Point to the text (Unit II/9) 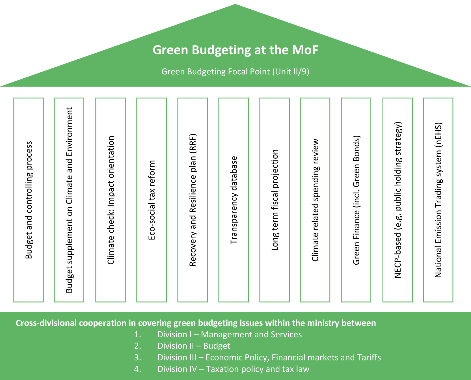291,72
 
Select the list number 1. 137,334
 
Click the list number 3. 137,357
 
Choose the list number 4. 137,369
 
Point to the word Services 286,334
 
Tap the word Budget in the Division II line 217,346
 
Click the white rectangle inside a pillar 102,151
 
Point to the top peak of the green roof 235,5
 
